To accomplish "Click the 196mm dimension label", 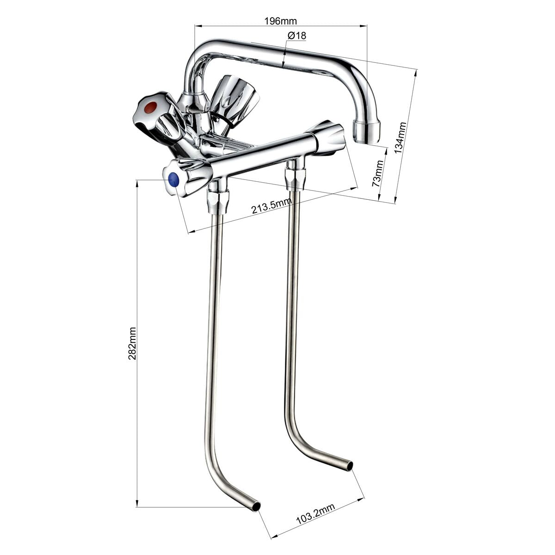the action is click(x=280, y=21).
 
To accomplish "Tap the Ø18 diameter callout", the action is click(x=296, y=36).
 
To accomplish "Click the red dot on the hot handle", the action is click(x=150, y=107).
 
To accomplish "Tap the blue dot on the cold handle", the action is click(x=174, y=180).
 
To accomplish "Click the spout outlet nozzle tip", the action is click(x=367, y=132).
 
